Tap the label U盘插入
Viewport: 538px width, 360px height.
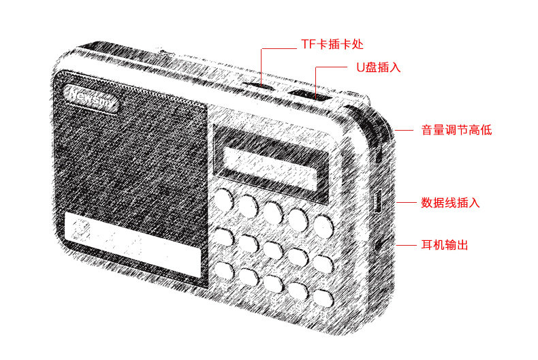tap(376, 68)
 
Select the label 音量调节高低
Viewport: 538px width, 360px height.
tap(455, 130)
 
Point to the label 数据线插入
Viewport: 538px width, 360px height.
tap(450, 203)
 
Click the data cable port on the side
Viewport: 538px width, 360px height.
tap(377, 202)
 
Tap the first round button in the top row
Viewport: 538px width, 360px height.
tap(224, 198)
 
